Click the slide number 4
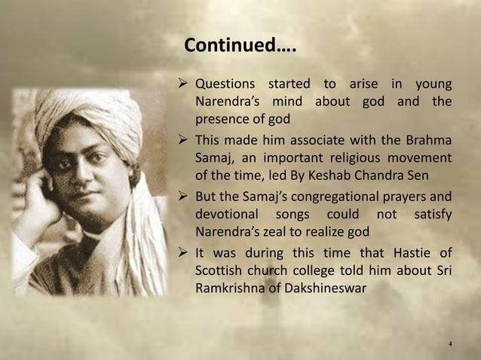(449, 345)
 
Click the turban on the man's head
(83, 121)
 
